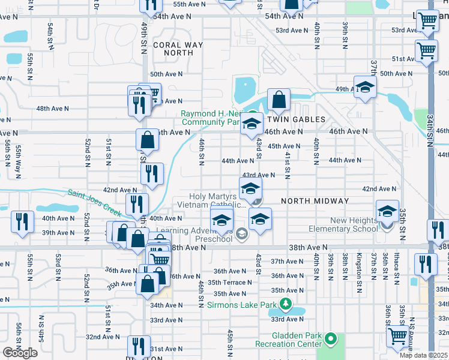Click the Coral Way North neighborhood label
point(173,49)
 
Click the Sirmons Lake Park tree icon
point(286,305)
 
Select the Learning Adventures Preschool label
point(194,235)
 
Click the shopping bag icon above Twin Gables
point(279,99)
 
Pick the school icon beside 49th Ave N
point(364,88)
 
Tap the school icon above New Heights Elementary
point(387,211)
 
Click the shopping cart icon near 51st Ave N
point(426,50)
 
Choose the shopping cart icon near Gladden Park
point(397,337)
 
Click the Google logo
point(20,353)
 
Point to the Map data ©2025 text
point(424,355)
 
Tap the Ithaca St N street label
point(397,268)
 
